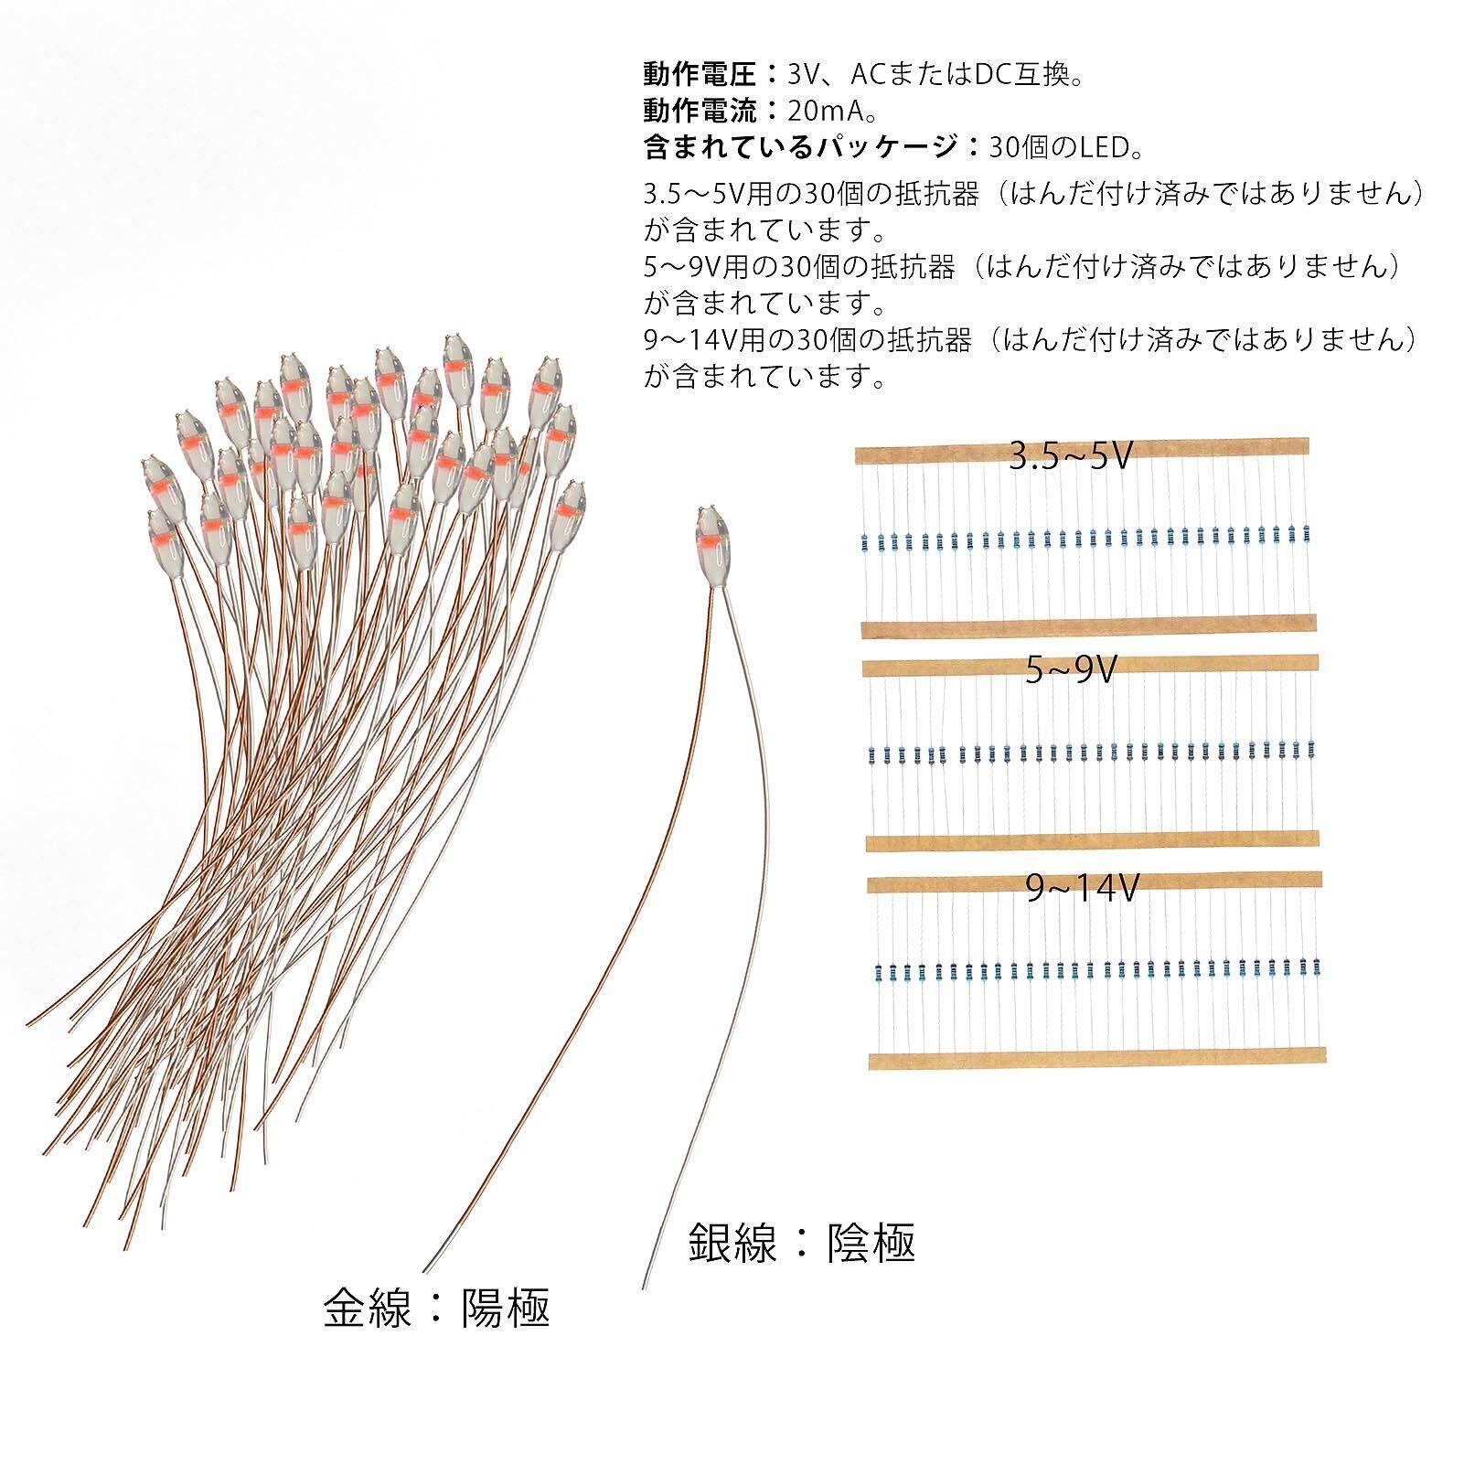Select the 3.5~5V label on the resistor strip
pos(1071,454)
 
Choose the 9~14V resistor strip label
pos(1082,888)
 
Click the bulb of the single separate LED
pos(713,541)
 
